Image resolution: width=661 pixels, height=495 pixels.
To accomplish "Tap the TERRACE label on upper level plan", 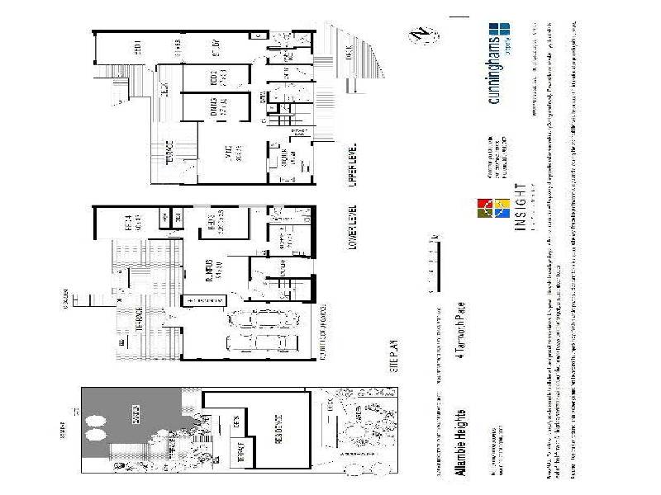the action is click(165, 153).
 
